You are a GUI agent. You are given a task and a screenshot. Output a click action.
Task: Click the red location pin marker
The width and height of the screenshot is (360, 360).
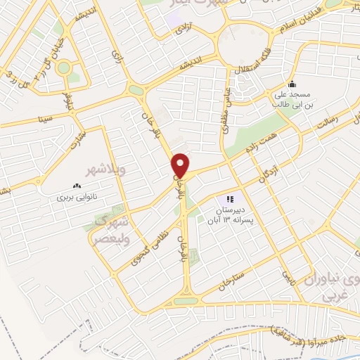(181, 165)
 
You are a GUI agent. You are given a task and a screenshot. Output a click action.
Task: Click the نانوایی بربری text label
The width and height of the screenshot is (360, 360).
(75, 198)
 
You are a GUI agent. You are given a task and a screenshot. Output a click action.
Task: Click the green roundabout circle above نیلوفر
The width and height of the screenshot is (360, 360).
(64, 69)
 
